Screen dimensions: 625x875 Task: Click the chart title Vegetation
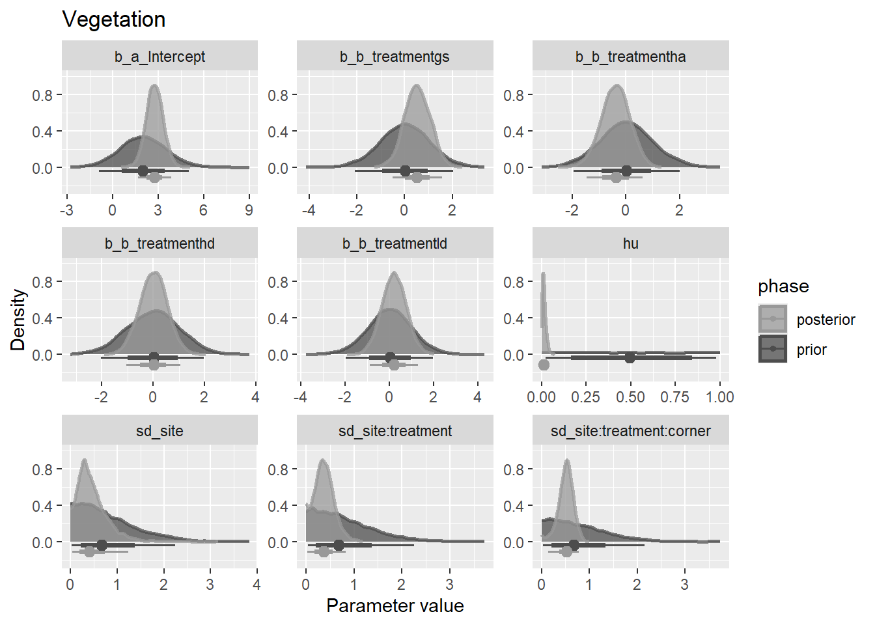[114, 20]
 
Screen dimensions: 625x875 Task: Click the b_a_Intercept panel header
[160, 57]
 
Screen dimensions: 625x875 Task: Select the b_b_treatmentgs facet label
[395, 57]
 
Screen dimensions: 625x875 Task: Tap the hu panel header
[630, 243]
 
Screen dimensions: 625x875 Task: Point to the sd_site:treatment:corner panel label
[630, 431]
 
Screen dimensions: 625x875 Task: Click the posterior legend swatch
[773, 319]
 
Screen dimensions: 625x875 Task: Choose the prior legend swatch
[773, 349]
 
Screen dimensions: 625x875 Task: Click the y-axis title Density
[18, 320]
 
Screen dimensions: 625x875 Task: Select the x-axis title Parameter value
[395, 605]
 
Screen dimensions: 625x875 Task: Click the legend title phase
[783, 286]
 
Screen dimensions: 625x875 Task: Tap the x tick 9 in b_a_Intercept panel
[249, 210]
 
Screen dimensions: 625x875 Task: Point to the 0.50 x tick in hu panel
[630, 397]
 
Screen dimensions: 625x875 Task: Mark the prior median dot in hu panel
[630, 358]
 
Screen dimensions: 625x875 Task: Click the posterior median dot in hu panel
[544, 365]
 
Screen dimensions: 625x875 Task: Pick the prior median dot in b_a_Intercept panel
[143, 171]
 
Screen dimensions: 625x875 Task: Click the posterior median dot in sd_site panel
[89, 551]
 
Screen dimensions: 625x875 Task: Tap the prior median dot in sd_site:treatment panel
[339, 545]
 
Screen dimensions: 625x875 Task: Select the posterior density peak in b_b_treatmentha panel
[616, 85]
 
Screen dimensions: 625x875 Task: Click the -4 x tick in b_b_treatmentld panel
[301, 397]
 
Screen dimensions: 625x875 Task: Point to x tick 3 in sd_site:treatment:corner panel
[684, 585]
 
